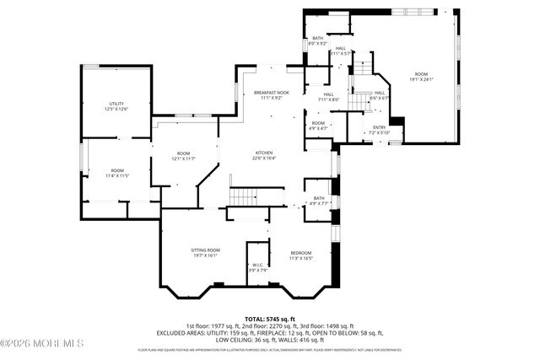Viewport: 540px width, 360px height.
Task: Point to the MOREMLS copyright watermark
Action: pyautogui.click(x=42, y=343)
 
